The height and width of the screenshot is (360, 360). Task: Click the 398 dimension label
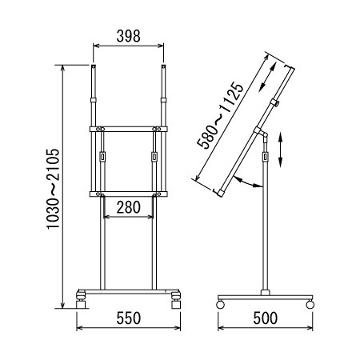pyautogui.click(x=128, y=36)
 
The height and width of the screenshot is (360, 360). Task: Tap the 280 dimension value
pyautogui.click(x=128, y=207)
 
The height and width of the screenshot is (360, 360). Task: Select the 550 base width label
pyautogui.click(x=128, y=318)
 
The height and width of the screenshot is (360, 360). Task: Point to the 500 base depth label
pyautogui.click(x=266, y=318)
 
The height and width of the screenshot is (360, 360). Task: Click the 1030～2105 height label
pyautogui.click(x=53, y=189)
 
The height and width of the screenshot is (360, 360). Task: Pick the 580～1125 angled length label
pyautogui.click(x=220, y=115)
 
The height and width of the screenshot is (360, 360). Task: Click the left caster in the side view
pyautogui.click(x=220, y=304)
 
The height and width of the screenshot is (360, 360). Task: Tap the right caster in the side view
pyautogui.click(x=310, y=304)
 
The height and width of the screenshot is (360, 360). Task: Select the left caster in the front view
pyautogui.click(x=81, y=300)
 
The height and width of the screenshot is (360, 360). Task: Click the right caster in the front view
pyautogui.click(x=176, y=300)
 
